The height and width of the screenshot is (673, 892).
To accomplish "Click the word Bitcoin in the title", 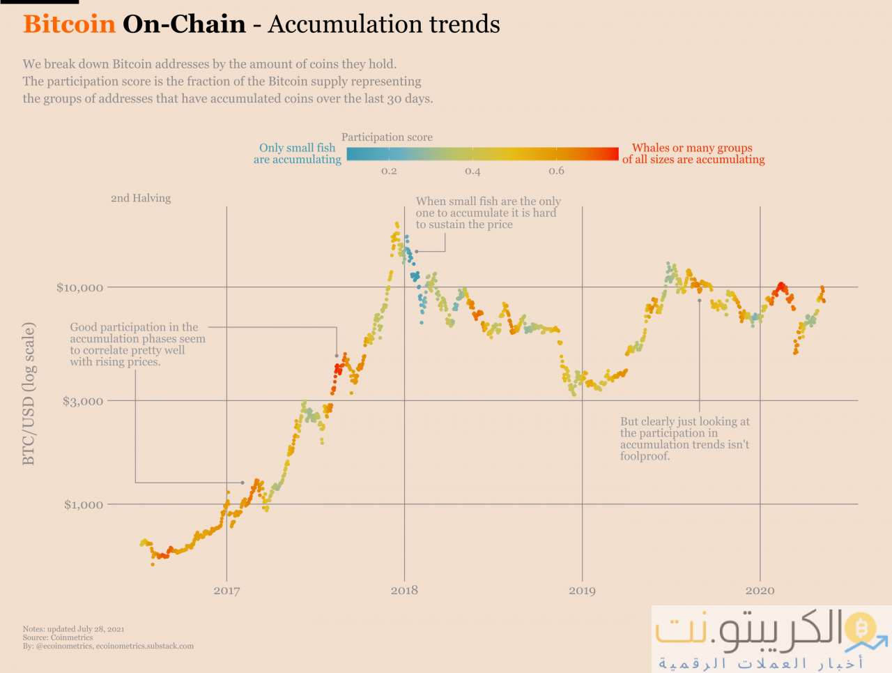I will (x=69, y=24).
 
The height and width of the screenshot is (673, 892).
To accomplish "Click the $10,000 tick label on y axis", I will (x=79, y=287).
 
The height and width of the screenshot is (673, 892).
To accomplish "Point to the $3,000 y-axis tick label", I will (x=83, y=401).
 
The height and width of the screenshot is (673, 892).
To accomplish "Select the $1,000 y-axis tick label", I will (x=84, y=504).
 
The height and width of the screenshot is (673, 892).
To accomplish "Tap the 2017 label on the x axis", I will (x=226, y=591).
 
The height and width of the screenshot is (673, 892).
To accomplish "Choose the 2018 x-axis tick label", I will (x=404, y=591).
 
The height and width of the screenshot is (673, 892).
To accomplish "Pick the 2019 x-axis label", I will (x=582, y=591).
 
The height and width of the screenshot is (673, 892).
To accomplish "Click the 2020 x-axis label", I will (x=760, y=591).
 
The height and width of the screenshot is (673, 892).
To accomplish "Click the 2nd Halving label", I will (x=141, y=198).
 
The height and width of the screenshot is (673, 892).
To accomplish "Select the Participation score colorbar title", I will (x=387, y=137).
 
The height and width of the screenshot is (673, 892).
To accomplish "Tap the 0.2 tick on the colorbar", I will (x=389, y=171).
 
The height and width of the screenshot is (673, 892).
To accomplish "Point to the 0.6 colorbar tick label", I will (x=556, y=171).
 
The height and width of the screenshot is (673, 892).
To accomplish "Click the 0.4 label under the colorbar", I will (x=472, y=171).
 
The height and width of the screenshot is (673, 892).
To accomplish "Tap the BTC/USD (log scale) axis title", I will (x=29, y=393).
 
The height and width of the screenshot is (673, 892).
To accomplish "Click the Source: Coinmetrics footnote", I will (x=58, y=637).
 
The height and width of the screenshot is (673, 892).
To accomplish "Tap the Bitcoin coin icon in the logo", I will (x=861, y=629).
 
